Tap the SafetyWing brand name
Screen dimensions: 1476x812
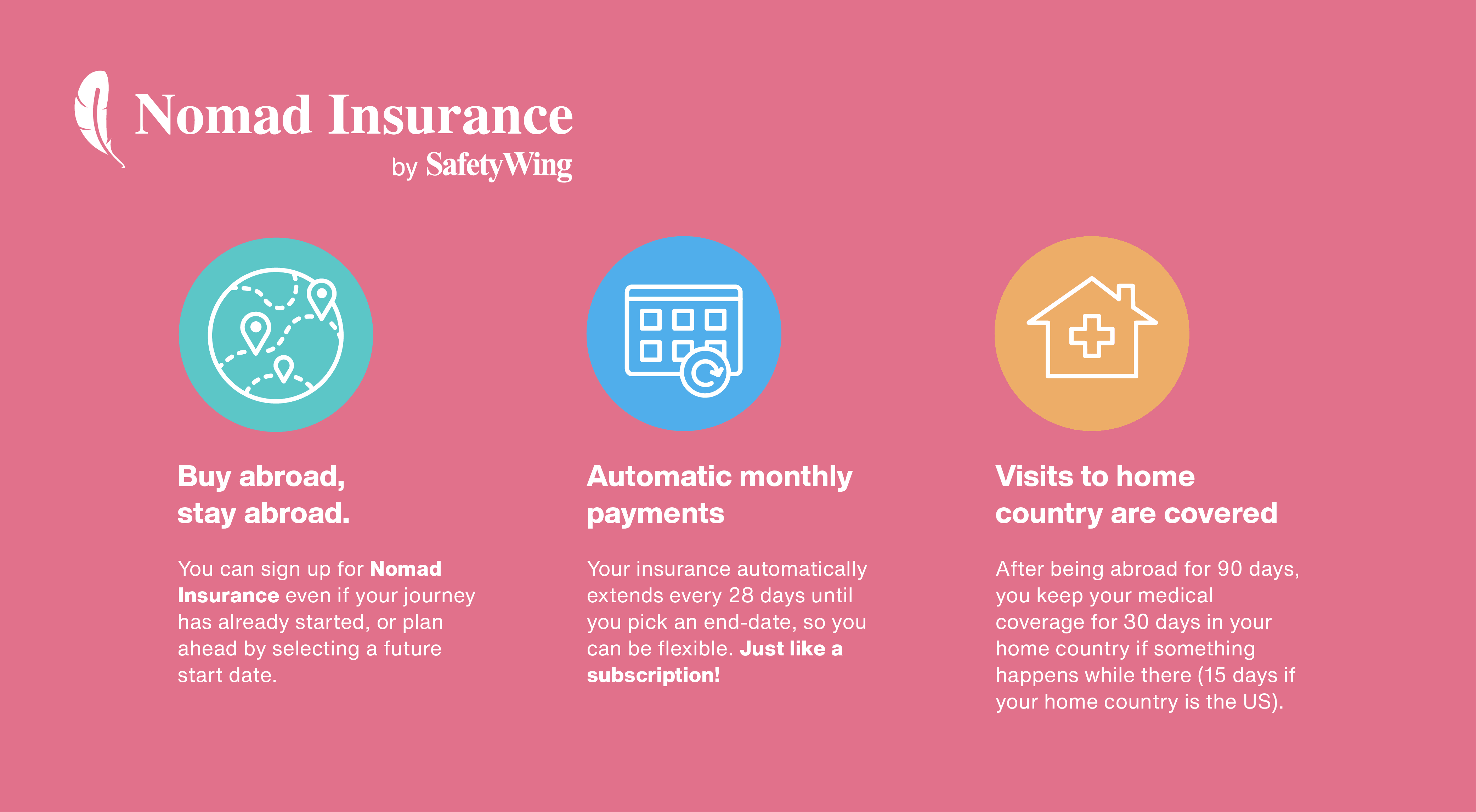click(x=498, y=165)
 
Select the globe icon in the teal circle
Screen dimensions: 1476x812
click(x=276, y=335)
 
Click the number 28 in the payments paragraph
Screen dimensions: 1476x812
click(x=741, y=596)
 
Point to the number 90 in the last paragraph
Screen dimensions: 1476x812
click(x=1229, y=569)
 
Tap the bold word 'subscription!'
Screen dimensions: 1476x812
click(x=653, y=676)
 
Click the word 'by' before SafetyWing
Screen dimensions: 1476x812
click(x=405, y=168)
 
